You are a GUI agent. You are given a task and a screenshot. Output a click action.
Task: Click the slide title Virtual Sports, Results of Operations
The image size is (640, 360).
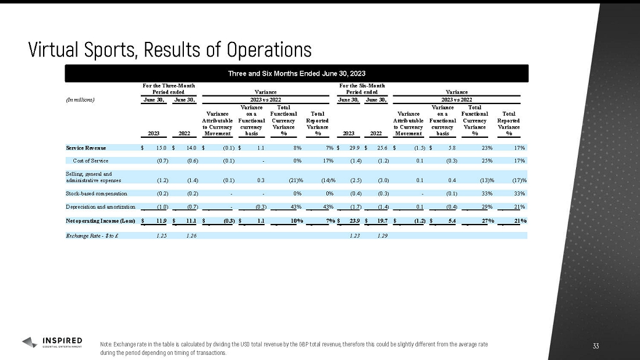click(x=170, y=49)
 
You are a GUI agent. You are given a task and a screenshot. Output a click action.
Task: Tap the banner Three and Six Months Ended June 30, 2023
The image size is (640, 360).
click(x=297, y=73)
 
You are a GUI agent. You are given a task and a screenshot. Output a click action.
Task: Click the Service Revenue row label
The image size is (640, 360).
click(x=86, y=148)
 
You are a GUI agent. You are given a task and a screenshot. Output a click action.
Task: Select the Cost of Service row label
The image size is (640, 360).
click(x=90, y=160)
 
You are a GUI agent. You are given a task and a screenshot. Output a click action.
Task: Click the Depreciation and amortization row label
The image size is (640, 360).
click(x=100, y=206)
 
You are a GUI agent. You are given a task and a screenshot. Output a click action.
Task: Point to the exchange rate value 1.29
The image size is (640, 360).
click(x=382, y=235)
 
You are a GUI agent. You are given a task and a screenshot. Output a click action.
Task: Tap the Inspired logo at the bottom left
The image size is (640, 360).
click(x=52, y=342)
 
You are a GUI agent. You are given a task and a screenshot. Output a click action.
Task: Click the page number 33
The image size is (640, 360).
click(x=595, y=347)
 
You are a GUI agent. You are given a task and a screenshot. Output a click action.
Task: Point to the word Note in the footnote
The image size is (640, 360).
click(x=105, y=344)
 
